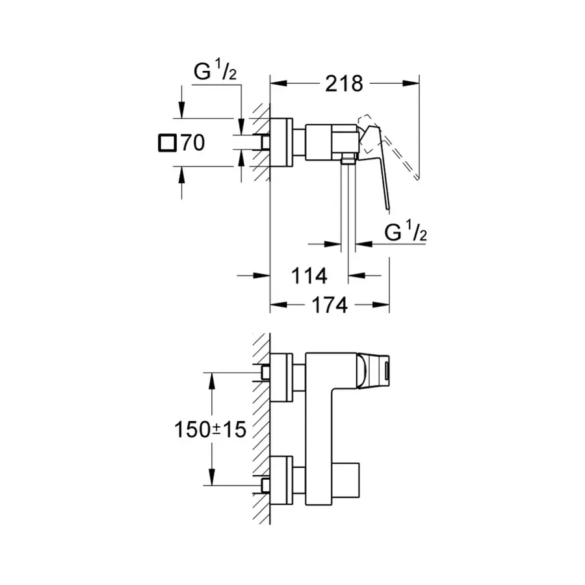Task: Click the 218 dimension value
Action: pos(344,83)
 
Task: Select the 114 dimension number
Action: pos(307,276)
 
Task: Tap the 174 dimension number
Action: pos(330,305)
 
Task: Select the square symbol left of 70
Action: pos(167,143)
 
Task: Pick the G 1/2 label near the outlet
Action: pos(405,232)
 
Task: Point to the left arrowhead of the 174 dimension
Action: pos(275,304)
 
